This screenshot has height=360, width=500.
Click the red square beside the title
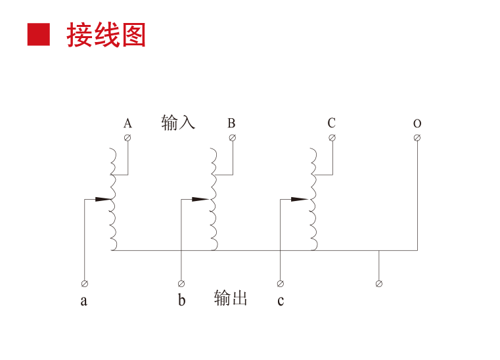(38, 34)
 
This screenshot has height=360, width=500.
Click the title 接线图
(106, 35)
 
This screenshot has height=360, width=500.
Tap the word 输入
(178, 122)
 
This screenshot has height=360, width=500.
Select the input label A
(128, 124)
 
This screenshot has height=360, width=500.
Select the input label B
(231, 124)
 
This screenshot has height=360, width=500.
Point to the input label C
(332, 124)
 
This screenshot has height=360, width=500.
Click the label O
(417, 124)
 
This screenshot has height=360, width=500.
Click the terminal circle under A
(128, 137)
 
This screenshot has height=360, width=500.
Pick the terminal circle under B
(232, 137)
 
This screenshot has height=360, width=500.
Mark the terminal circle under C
(332, 137)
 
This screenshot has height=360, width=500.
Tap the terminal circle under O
(417, 137)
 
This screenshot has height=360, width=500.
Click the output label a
(83, 301)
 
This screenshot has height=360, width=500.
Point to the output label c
(281, 301)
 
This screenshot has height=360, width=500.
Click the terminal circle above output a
(84, 284)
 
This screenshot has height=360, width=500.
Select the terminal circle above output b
(181, 284)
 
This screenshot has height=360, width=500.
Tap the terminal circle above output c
(281, 284)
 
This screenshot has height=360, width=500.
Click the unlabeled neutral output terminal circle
(378, 284)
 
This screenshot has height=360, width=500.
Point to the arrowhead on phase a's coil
(103, 199)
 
